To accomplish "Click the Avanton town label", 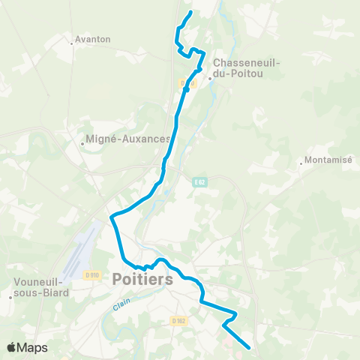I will pyautogui.click(x=94, y=39).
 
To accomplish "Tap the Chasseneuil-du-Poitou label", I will pyautogui.click(x=247, y=70).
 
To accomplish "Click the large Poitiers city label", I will pyautogui.click(x=142, y=279).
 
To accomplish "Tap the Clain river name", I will pyautogui.click(x=122, y=306).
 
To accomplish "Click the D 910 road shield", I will pyautogui.click(x=93, y=276).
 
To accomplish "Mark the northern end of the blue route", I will pyautogui.click(x=190, y=13).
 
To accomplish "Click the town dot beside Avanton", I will pyautogui.click(x=72, y=43).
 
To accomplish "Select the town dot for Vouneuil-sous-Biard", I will pyautogui.click(x=10, y=297).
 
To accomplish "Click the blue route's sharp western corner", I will pyautogui.click(x=111, y=217).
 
